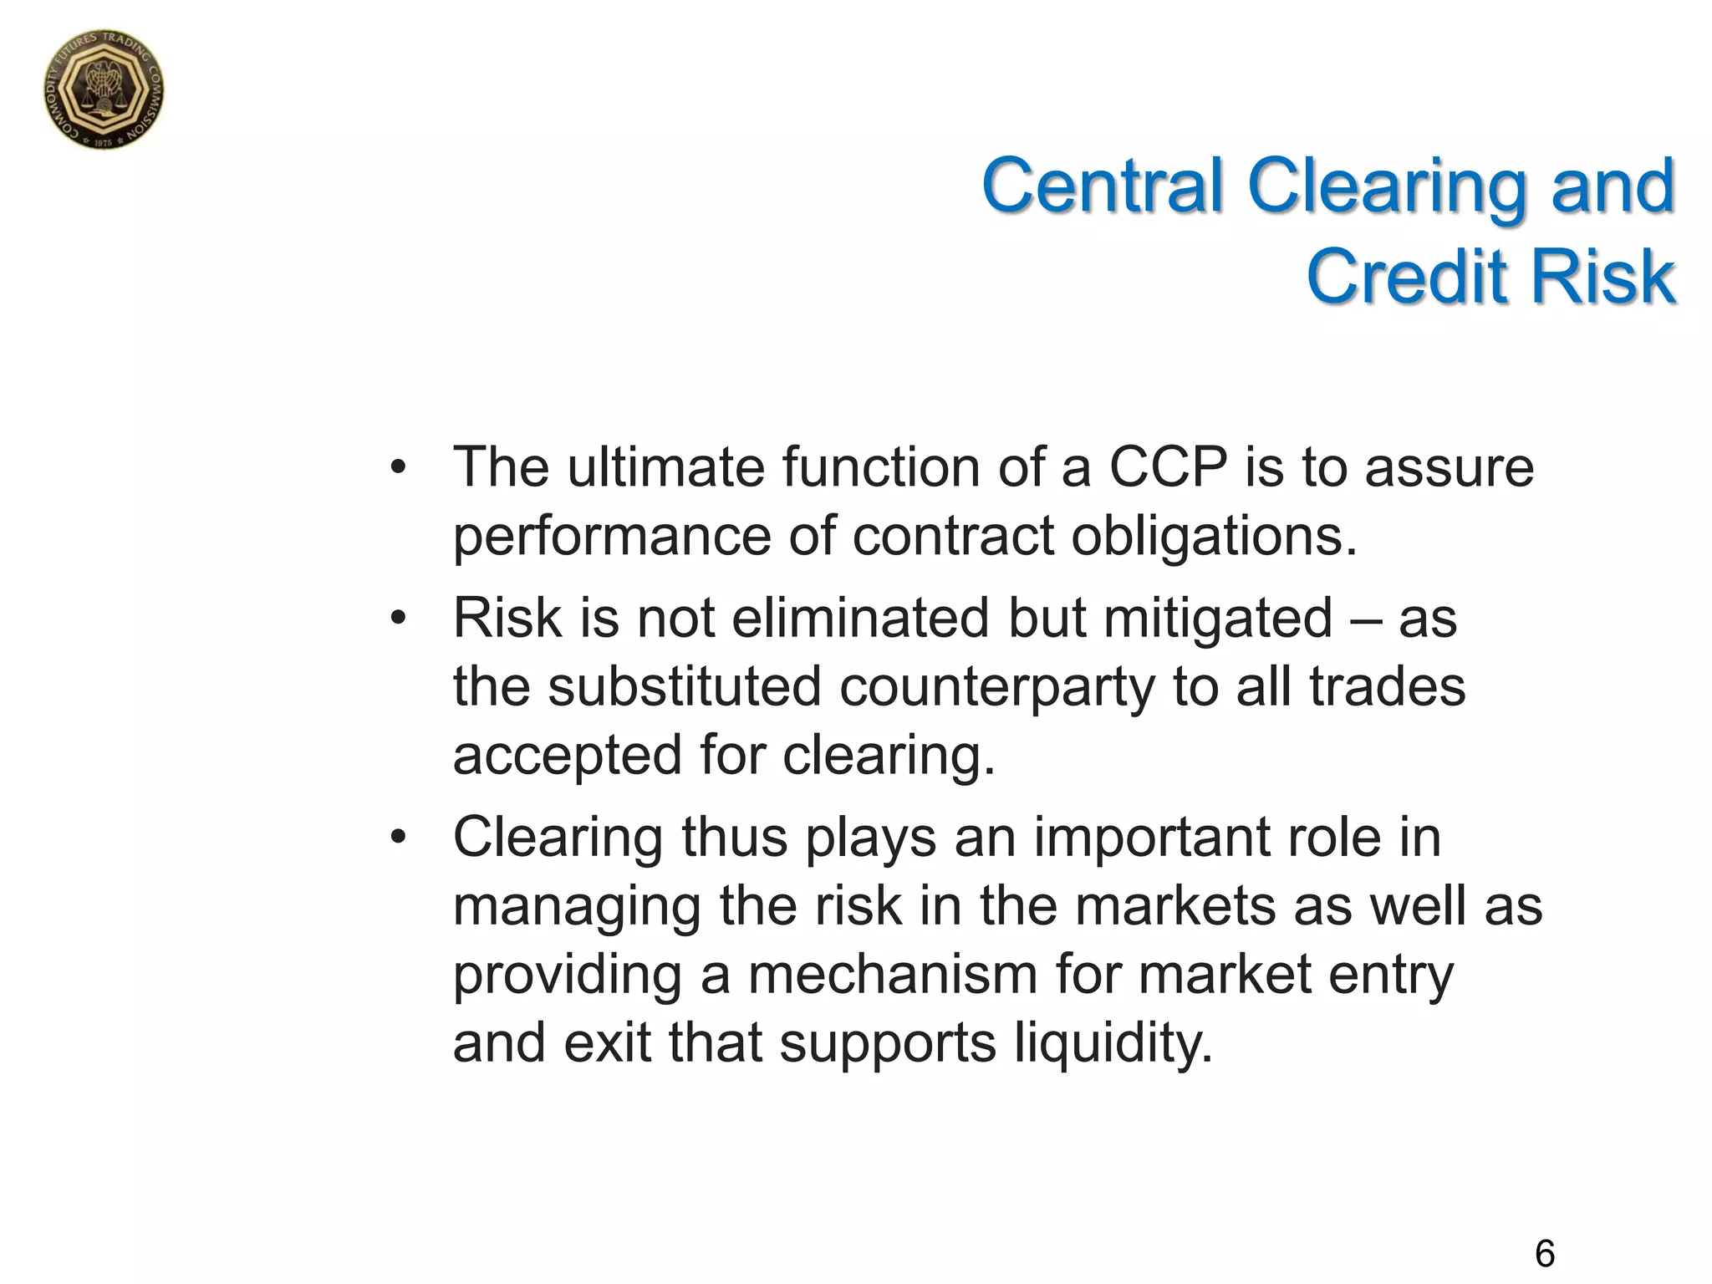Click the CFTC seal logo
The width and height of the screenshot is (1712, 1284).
(x=104, y=89)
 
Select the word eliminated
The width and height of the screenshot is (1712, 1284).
(x=861, y=619)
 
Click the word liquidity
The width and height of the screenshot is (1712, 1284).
(x=1112, y=1043)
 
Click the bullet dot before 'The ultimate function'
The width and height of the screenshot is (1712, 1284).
(x=398, y=468)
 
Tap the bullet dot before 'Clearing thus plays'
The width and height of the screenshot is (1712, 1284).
(x=398, y=838)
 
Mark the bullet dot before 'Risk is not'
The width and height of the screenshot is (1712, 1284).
(x=398, y=619)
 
